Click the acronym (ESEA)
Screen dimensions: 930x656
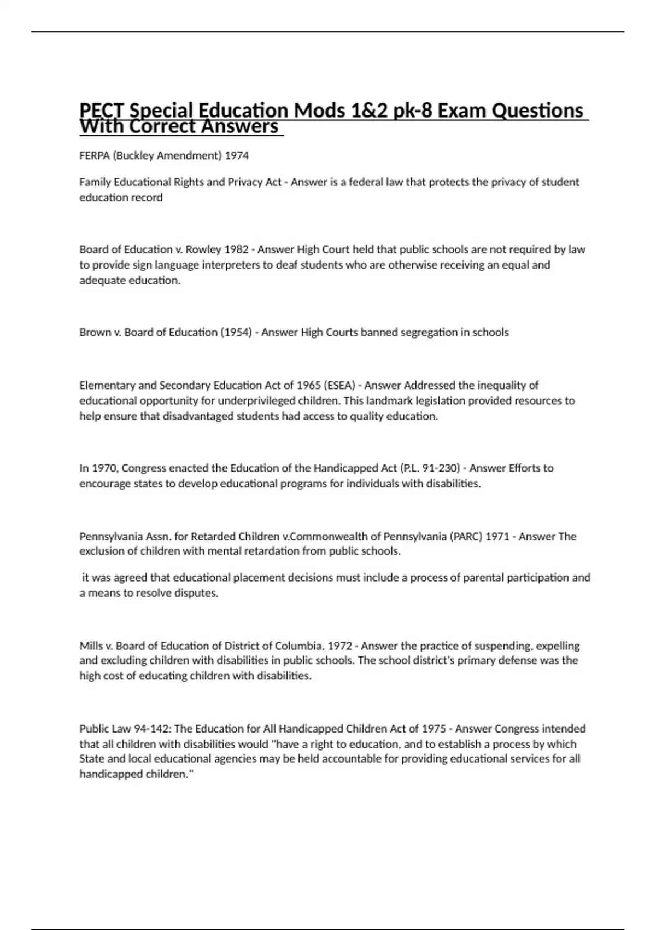(x=339, y=385)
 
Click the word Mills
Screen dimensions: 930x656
(x=90, y=646)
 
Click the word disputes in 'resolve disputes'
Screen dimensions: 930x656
(x=197, y=594)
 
